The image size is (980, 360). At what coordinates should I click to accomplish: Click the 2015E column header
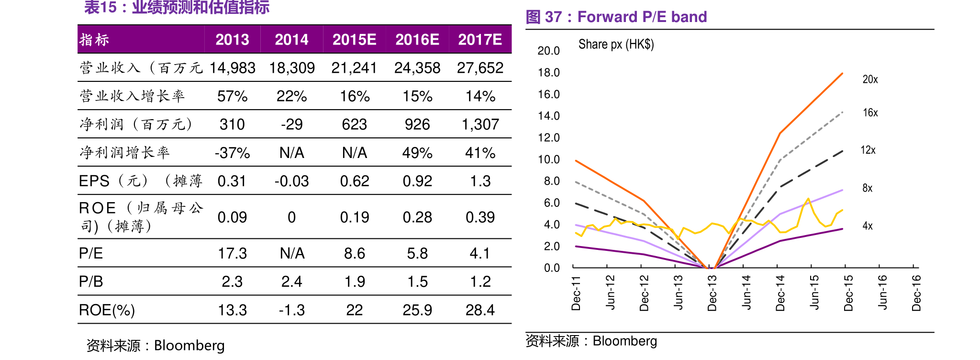354,39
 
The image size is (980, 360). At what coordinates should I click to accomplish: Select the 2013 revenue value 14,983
232,68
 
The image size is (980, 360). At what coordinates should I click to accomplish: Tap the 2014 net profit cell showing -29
291,124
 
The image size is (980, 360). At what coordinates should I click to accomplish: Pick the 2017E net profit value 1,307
480,124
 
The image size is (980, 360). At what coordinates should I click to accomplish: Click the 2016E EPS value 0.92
417,181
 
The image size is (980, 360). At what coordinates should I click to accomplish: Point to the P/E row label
91,253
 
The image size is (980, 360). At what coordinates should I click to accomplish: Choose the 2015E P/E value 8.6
354,253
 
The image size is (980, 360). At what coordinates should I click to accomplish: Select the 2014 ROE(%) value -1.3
291,310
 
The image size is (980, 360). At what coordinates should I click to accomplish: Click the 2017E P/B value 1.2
480,281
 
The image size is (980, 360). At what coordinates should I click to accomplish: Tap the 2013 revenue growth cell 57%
232,96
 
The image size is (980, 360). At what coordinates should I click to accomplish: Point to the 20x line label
870,79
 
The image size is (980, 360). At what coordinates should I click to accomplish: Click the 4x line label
867,226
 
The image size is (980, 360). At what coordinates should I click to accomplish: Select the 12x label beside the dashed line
868,150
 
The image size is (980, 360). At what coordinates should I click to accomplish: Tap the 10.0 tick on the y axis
548,159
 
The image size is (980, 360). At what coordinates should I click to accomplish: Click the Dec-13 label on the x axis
712,293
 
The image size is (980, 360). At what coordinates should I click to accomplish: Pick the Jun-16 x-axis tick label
882,292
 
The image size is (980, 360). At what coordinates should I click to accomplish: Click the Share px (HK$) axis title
616,45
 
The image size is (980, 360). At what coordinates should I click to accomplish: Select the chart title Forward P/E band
642,17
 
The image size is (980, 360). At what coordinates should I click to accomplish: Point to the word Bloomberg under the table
189,346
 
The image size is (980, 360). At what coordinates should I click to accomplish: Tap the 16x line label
870,113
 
